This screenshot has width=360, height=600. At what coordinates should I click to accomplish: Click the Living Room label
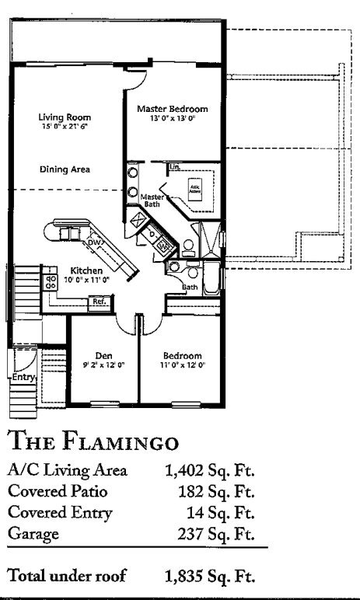pyautogui.click(x=58, y=117)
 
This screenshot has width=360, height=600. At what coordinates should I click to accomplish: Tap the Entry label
pyautogui.click(x=19, y=378)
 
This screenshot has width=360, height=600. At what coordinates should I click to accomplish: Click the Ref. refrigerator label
pyautogui.click(x=99, y=301)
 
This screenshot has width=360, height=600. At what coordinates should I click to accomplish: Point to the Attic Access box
pyautogui.click(x=194, y=188)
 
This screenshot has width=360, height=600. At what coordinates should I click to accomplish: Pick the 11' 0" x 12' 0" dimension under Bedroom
pyautogui.click(x=183, y=364)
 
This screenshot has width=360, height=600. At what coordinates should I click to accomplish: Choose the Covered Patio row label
pyautogui.click(x=53, y=491)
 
